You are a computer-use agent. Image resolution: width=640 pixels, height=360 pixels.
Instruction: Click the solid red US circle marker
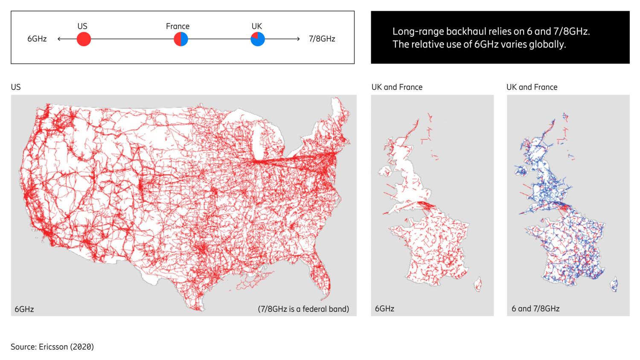(x=84, y=39)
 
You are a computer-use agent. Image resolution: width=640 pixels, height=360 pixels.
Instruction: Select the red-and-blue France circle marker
(x=181, y=39)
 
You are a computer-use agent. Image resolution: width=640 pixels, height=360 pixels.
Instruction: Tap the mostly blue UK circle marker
(x=258, y=39)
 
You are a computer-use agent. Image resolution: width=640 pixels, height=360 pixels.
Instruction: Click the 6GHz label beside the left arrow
(x=37, y=39)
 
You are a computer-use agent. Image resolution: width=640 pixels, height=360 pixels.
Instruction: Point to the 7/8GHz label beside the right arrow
(x=322, y=39)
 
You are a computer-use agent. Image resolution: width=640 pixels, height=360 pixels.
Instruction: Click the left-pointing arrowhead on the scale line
(x=59, y=39)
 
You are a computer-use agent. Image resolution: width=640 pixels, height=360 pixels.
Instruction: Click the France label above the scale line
(x=177, y=26)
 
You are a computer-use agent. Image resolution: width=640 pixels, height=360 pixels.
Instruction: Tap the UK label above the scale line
(x=257, y=26)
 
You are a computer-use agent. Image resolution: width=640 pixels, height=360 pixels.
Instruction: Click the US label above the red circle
(x=82, y=26)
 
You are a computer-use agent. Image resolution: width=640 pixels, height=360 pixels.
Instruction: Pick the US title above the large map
(x=16, y=87)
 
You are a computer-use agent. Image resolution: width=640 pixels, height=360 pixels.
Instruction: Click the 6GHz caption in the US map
(x=24, y=309)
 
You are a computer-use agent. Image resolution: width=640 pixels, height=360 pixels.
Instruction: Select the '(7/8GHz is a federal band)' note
(x=303, y=309)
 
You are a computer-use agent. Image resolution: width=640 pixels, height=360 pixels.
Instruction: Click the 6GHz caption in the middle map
(x=384, y=308)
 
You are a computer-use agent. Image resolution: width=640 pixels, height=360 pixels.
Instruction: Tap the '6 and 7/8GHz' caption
(x=535, y=308)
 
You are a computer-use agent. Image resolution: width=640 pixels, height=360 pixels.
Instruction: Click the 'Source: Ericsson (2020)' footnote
(x=52, y=347)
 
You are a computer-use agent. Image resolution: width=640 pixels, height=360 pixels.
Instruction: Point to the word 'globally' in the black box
(x=547, y=44)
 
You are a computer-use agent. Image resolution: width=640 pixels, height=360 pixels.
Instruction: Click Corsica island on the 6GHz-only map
(x=478, y=284)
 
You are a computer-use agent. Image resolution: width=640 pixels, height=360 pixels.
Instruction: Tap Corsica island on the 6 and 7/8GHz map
(x=614, y=284)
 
